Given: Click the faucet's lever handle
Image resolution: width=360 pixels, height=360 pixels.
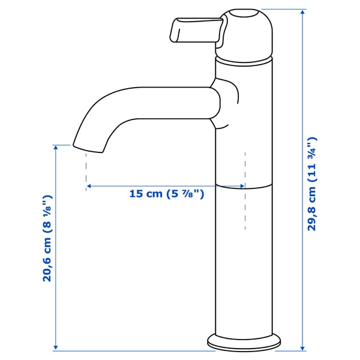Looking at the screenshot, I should (x=196, y=31).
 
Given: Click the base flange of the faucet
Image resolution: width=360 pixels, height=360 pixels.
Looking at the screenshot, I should (x=245, y=343).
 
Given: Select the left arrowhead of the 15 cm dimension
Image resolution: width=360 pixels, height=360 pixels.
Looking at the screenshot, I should (x=89, y=187).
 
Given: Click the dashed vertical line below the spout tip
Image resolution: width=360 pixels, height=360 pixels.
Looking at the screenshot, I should (x=86, y=168).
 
